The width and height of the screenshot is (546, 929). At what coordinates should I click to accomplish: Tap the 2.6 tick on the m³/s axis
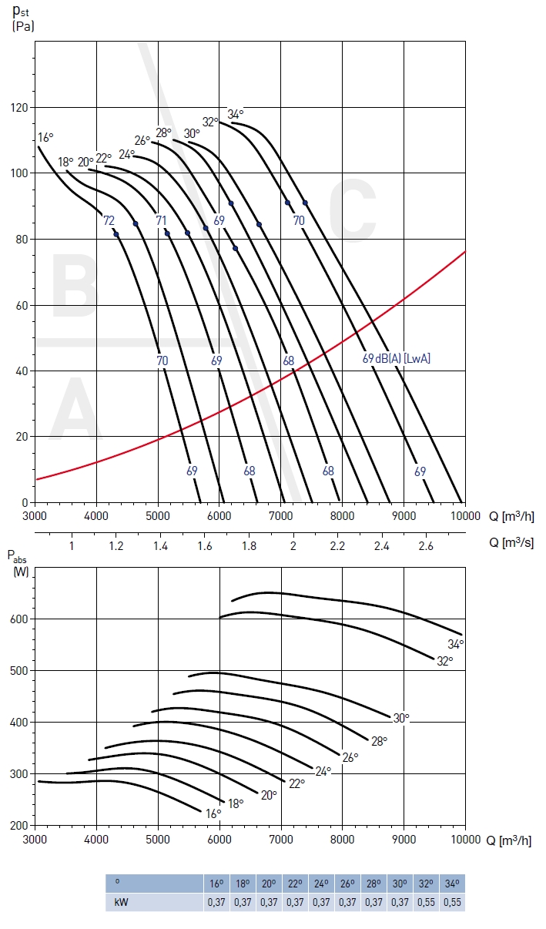(x=426, y=545)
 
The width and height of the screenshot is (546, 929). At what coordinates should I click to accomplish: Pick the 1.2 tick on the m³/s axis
(x=116, y=545)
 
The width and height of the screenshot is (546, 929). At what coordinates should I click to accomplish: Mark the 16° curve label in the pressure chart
(x=45, y=138)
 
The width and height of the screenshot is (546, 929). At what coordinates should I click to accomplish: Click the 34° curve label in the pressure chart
(x=236, y=115)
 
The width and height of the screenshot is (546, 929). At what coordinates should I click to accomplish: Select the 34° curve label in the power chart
(x=456, y=645)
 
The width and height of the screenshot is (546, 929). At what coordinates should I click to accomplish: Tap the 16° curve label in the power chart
(x=213, y=813)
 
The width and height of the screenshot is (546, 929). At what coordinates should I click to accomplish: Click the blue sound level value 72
(x=109, y=221)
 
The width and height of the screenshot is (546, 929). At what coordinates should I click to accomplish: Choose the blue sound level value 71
(x=161, y=221)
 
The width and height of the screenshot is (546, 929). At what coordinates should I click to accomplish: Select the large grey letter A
(x=75, y=410)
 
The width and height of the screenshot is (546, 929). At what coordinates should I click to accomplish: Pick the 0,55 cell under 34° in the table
(x=454, y=901)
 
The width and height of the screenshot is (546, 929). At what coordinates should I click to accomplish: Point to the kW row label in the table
(x=119, y=901)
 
